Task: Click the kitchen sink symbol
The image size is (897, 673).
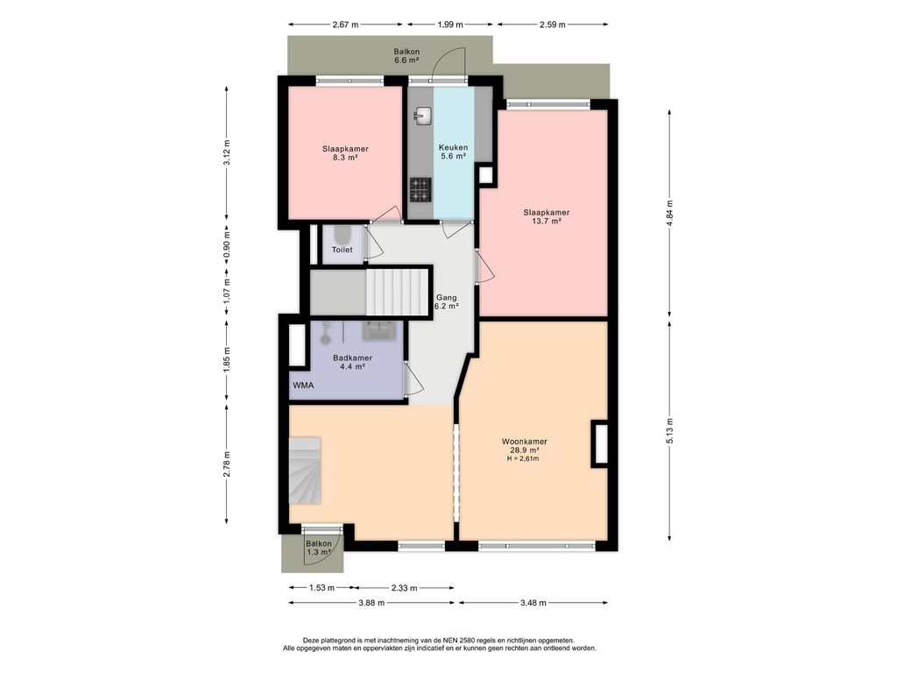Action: (x=423, y=116)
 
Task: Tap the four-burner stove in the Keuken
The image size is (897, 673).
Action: (x=420, y=190)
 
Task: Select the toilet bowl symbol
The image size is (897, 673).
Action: (x=343, y=235)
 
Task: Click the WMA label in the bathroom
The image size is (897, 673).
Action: (x=303, y=386)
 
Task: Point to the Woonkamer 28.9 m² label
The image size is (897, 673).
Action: (x=525, y=446)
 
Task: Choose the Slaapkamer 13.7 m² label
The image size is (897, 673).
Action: (x=547, y=216)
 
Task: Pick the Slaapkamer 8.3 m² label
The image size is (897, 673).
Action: (x=345, y=152)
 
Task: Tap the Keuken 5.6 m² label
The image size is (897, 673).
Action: (x=453, y=151)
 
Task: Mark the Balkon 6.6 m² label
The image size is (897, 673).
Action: (x=406, y=55)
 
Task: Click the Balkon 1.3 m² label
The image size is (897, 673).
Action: (x=319, y=548)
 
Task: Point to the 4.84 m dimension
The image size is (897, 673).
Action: (x=669, y=213)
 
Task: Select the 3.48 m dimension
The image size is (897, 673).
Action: (x=533, y=602)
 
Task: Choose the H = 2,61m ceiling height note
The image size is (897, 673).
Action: (x=523, y=458)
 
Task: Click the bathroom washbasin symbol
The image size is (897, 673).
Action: (x=378, y=330)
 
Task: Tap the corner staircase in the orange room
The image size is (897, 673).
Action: (x=304, y=470)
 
